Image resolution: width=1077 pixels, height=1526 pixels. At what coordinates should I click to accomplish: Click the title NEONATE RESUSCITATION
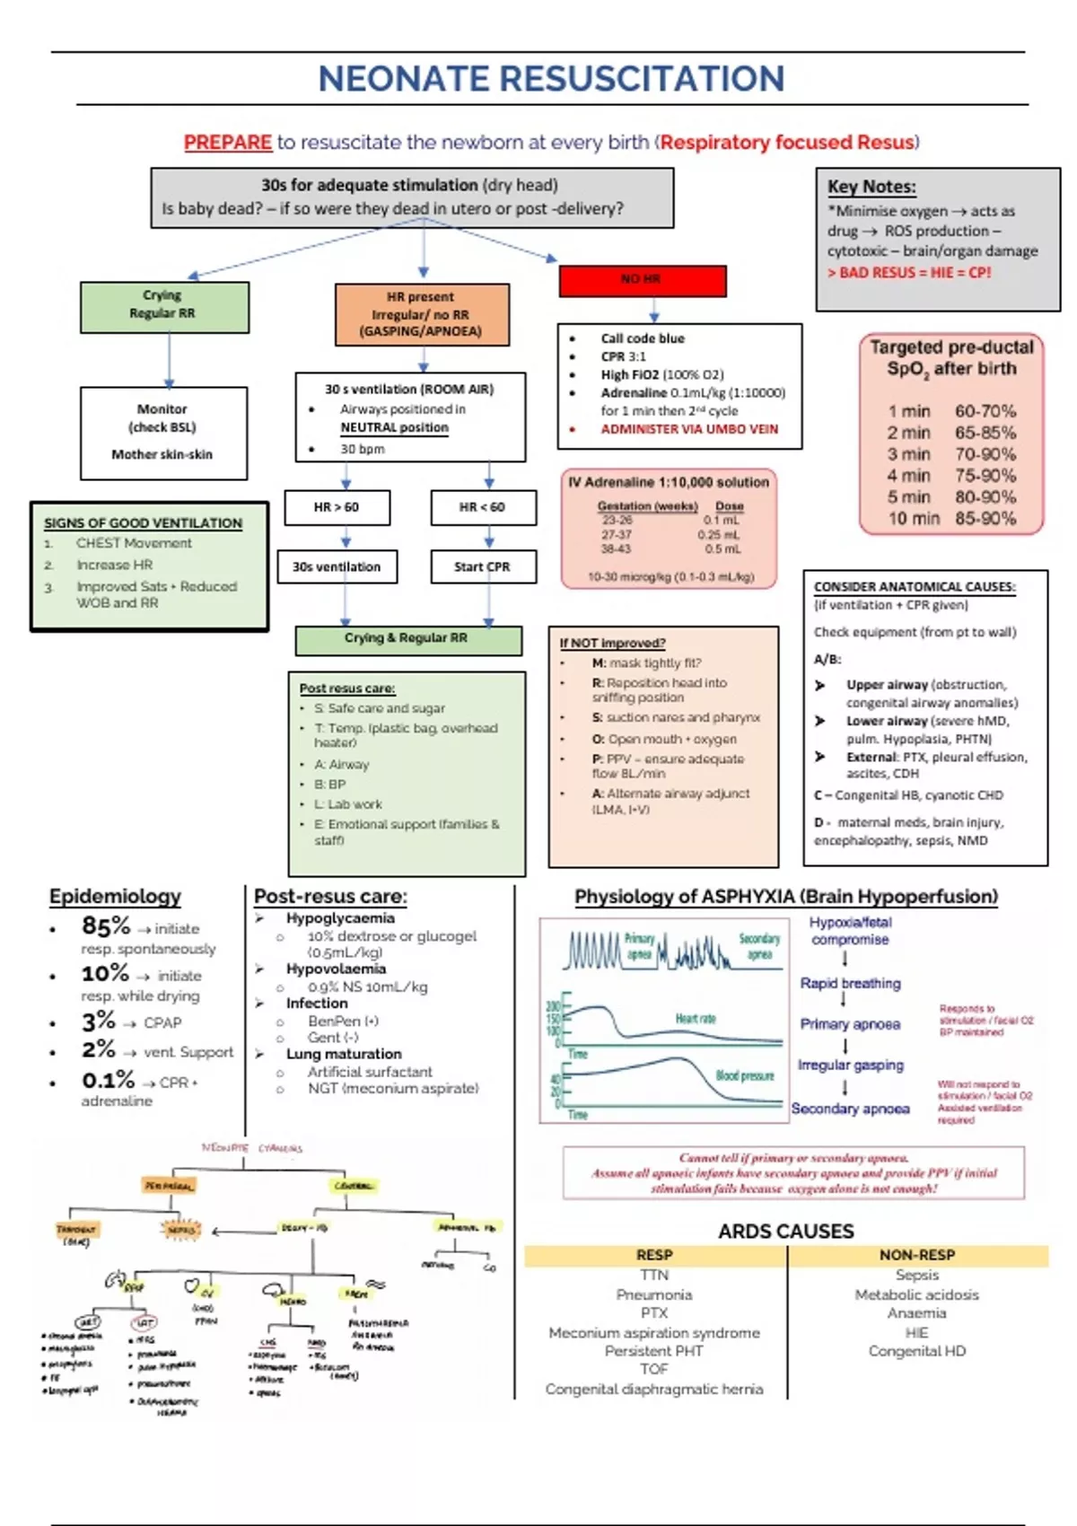pyautogui.click(x=551, y=79)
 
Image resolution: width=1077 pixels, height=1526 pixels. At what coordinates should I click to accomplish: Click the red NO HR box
pyautogui.click(x=642, y=280)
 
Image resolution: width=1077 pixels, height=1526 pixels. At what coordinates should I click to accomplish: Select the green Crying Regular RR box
pyautogui.click(x=163, y=306)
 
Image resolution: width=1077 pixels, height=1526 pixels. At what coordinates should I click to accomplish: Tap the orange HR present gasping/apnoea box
pyautogui.click(x=421, y=314)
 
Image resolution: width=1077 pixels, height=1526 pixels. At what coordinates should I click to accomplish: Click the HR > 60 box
pyautogui.click(x=337, y=507)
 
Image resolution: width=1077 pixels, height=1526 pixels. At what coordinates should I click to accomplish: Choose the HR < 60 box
pyautogui.click(x=483, y=507)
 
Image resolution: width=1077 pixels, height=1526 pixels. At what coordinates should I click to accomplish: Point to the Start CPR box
pyautogui.click(x=482, y=567)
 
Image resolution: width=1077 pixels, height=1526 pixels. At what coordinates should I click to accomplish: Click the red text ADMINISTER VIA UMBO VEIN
pyautogui.click(x=689, y=429)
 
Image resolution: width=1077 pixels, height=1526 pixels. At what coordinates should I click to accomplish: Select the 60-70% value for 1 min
pyautogui.click(x=985, y=411)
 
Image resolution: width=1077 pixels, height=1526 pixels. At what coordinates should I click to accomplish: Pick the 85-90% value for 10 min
pyautogui.click(x=985, y=518)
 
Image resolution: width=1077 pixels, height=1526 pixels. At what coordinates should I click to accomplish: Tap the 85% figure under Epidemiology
pyautogui.click(x=106, y=925)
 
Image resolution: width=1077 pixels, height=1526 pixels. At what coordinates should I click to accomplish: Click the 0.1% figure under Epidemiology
pyautogui.click(x=108, y=1080)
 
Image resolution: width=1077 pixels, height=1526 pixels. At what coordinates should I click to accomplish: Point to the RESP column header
pyautogui.click(x=654, y=1255)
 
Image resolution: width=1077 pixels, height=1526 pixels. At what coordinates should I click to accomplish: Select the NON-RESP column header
pyautogui.click(x=916, y=1255)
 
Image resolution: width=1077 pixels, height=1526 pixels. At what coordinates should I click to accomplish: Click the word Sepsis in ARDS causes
pyautogui.click(x=916, y=1275)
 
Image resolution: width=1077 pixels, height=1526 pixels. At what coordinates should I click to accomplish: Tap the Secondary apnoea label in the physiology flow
pyautogui.click(x=850, y=1109)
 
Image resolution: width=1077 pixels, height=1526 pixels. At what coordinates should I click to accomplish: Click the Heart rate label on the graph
pyautogui.click(x=696, y=1019)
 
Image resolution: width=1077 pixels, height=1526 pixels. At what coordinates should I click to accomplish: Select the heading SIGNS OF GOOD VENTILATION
pyautogui.click(x=144, y=522)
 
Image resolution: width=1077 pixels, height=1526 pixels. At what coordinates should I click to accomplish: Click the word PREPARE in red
pyautogui.click(x=228, y=142)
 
